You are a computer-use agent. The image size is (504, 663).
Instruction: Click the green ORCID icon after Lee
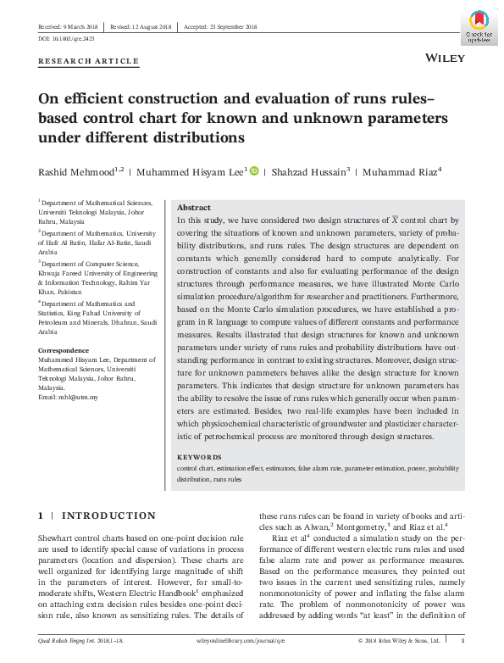click(254, 171)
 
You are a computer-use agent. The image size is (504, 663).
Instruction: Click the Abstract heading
click(193, 208)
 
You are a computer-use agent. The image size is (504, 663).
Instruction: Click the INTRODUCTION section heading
click(108, 515)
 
